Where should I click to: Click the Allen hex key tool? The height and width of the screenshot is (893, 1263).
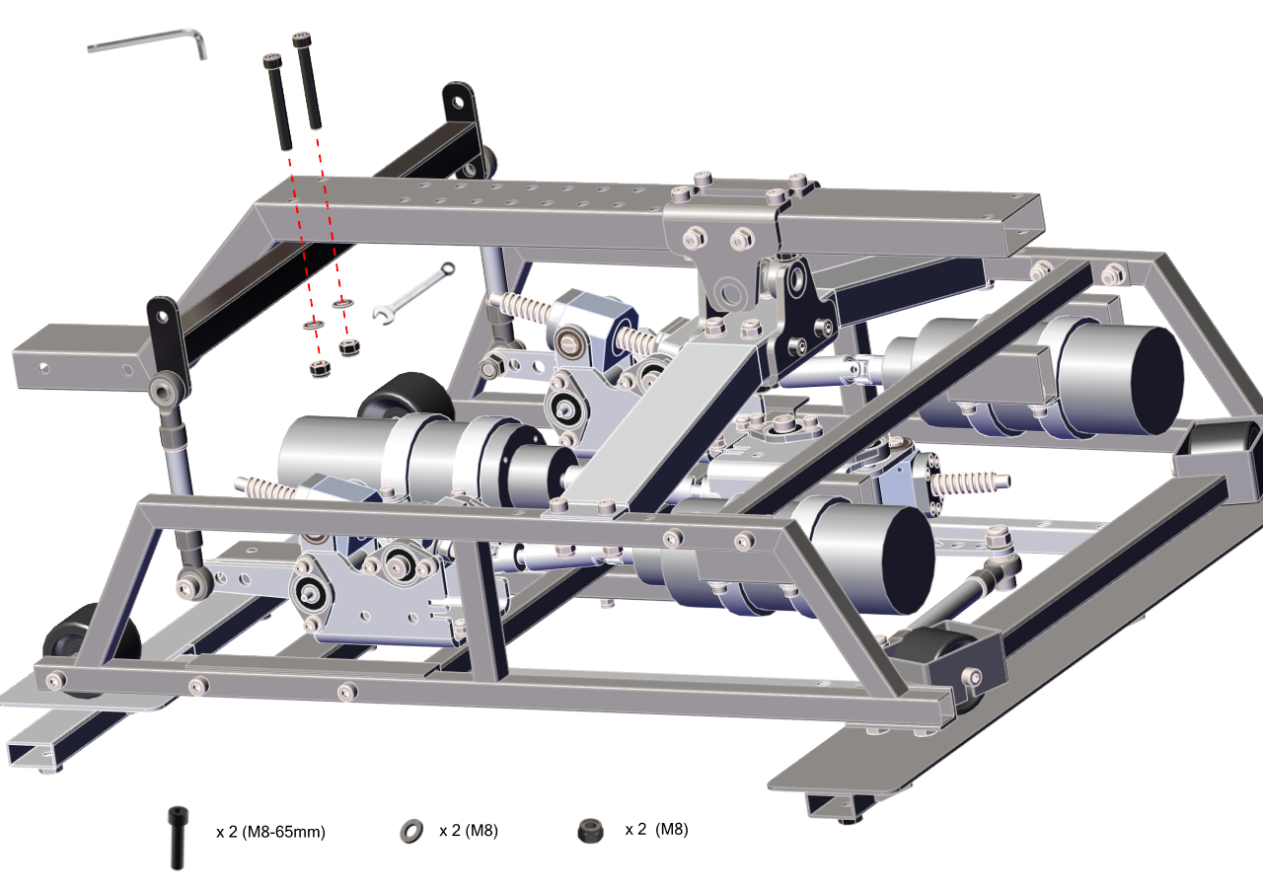pos(148,37)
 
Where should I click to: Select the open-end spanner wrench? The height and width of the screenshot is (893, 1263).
pos(413,294)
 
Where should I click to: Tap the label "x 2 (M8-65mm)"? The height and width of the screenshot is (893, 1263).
pos(270,832)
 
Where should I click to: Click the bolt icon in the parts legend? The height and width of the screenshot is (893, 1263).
pos(179,838)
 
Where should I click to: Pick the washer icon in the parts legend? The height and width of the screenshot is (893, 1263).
pos(411,831)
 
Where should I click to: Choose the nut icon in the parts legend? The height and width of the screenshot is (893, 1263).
pos(590,831)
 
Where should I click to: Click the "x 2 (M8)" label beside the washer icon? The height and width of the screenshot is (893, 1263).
pos(469,831)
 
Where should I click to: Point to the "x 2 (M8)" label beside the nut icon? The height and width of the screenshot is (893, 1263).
pos(656,829)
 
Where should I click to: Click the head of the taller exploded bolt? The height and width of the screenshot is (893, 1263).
pos(302,38)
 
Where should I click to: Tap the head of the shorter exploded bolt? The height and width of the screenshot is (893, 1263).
pos(272,60)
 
